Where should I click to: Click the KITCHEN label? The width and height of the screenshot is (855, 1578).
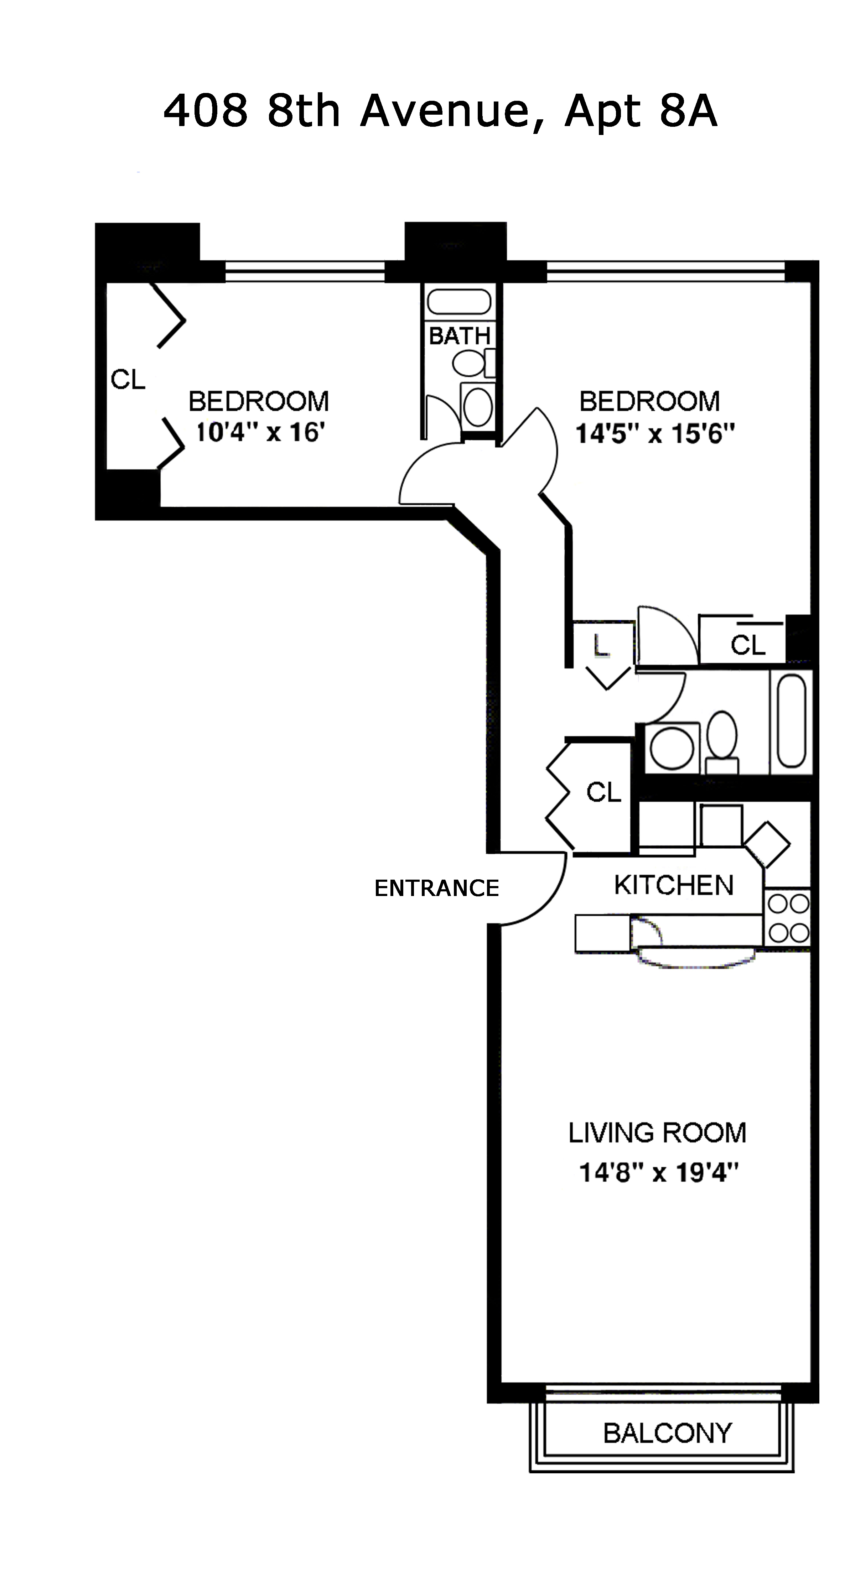coord(674,885)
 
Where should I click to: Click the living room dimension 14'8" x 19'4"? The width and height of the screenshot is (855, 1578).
coord(658,1173)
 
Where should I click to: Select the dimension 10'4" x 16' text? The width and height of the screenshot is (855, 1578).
coord(259,432)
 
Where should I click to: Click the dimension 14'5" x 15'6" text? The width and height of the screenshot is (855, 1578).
coord(654,434)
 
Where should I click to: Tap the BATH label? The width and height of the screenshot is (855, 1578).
coord(459,336)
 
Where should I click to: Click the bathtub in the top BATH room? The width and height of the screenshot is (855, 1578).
coord(459,302)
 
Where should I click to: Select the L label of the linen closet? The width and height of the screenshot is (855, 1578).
coord(601,645)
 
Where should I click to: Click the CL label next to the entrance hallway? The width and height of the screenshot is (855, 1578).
coord(604,792)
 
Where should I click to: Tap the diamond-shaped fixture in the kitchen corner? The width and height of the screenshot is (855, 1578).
coord(767,844)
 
